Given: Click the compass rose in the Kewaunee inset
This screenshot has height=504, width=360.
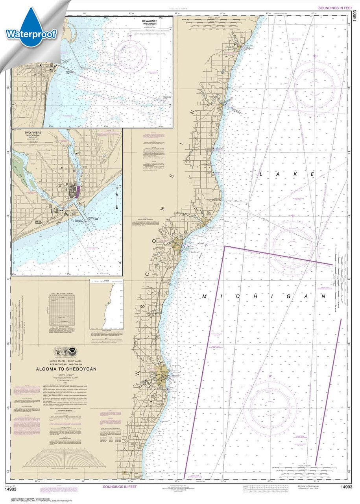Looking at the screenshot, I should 130,56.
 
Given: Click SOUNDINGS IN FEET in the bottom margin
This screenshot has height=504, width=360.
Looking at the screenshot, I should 120,487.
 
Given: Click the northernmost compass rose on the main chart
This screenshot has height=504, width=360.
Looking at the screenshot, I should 314,85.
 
